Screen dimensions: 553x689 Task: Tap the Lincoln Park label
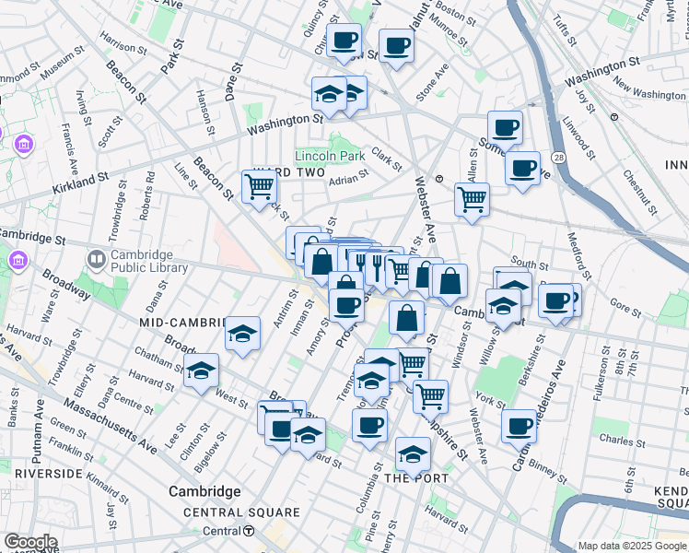pyautogui.click(x=330, y=156)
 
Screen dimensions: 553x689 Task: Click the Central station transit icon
pyautogui.click(x=249, y=531)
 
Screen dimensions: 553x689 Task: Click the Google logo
pyautogui.click(x=29, y=542)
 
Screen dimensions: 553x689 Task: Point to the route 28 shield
pyautogui.click(x=560, y=159)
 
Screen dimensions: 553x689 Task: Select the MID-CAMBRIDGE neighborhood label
pyautogui.click(x=182, y=323)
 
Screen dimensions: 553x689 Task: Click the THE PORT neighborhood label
pyautogui.click(x=416, y=478)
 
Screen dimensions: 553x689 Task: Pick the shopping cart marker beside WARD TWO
pyautogui.click(x=259, y=186)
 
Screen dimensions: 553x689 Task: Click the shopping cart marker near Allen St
pyautogui.click(x=472, y=197)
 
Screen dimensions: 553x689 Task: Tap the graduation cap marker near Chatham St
pyautogui.click(x=201, y=371)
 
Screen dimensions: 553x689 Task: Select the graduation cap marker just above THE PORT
pyautogui.click(x=414, y=453)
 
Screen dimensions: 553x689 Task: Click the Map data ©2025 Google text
pyautogui.click(x=632, y=546)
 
